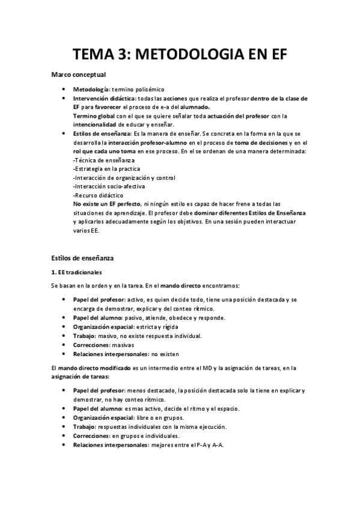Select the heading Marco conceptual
point(78,75)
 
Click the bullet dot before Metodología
point(64,89)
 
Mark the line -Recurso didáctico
point(98,195)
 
